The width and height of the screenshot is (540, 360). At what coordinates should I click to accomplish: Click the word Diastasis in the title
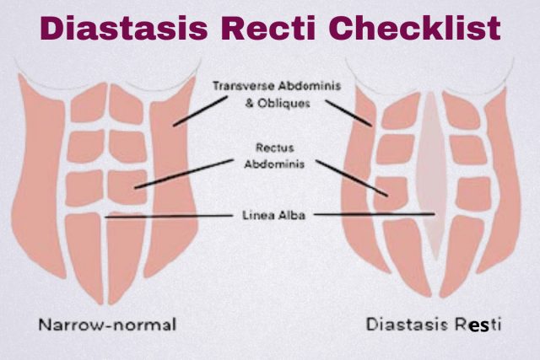[124, 28]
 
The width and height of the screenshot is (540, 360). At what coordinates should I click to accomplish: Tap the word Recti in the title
[268, 28]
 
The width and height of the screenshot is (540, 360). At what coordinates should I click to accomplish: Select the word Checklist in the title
[414, 28]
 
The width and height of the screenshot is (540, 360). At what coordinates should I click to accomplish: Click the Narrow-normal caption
[107, 325]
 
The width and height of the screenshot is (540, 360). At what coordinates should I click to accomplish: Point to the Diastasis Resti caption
[434, 325]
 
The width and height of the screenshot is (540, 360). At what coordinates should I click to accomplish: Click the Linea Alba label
[273, 216]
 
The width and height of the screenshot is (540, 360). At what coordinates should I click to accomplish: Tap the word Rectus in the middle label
[274, 148]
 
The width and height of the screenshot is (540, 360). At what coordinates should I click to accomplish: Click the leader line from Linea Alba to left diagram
[169, 217]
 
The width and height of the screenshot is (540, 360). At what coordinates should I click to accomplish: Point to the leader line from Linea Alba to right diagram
[375, 214]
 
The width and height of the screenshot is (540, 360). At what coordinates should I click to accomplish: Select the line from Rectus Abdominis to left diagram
[184, 174]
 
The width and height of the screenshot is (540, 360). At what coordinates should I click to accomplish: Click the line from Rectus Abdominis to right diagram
[352, 178]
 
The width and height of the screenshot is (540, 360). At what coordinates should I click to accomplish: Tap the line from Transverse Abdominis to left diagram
[200, 111]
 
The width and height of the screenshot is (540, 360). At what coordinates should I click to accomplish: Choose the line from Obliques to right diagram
[348, 113]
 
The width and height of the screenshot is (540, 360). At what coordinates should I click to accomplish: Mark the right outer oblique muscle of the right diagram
[500, 182]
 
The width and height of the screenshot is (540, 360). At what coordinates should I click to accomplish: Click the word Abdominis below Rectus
[274, 164]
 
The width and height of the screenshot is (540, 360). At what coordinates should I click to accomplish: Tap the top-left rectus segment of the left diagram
[89, 103]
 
